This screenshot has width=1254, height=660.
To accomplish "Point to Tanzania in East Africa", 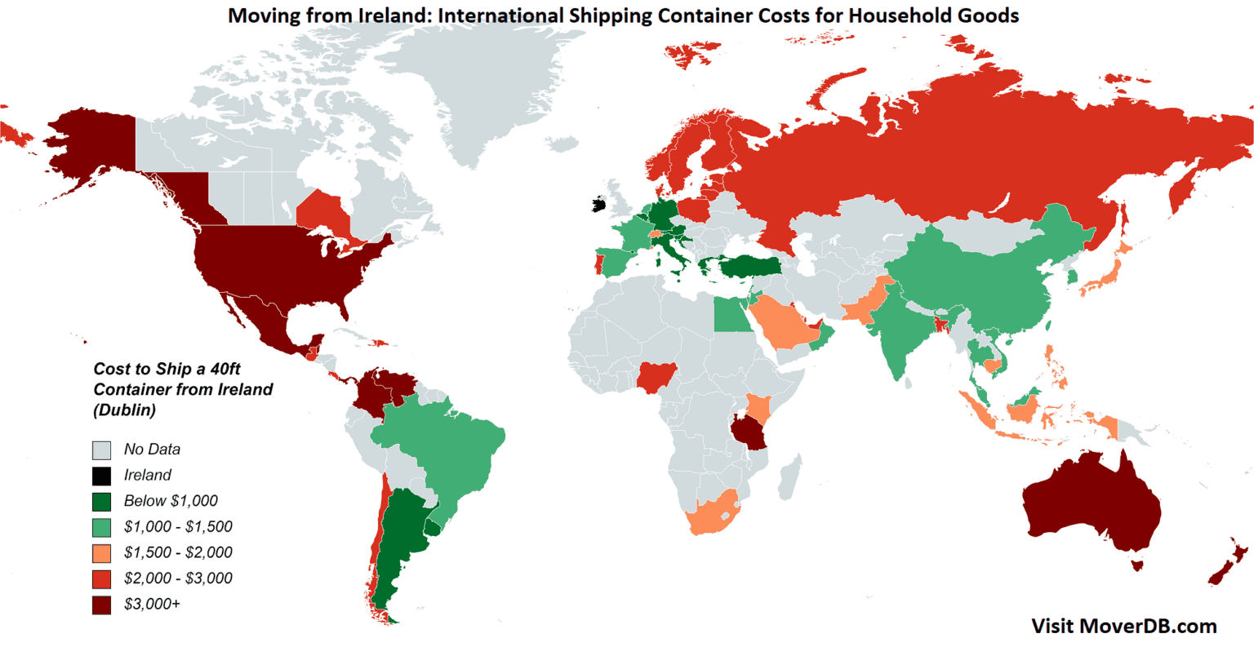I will tap(750, 432).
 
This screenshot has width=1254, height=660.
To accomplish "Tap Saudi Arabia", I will tap(783, 325).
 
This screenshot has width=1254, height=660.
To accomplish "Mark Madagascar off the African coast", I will tap(789, 478).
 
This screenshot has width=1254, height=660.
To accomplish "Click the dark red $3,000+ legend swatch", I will tap(101, 605).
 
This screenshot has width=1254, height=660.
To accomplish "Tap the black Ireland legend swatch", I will tap(101, 476).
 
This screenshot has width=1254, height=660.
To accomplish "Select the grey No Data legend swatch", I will tap(101, 450).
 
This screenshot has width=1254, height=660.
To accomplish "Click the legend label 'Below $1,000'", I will tap(171, 501).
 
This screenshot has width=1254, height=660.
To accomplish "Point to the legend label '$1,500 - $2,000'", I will tap(178, 552).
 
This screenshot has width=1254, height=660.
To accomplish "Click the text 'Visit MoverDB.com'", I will tap(1123, 626).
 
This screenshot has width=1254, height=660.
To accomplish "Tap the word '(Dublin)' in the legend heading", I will tap(124, 410).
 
